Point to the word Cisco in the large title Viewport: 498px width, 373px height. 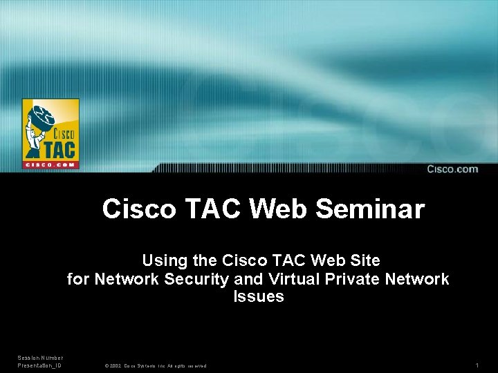pyautogui.click(x=139, y=209)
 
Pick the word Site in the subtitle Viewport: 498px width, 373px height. pyautogui.click(x=365, y=261)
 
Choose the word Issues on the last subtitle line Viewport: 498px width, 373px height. pyautogui.click(x=259, y=297)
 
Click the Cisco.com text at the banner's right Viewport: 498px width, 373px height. pyautogui.click(x=452, y=169)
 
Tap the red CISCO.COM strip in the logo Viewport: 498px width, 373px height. pyautogui.click(x=50, y=164)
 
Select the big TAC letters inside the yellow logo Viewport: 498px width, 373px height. pyautogui.click(x=61, y=148)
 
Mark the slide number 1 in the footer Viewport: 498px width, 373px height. pyautogui.click(x=477, y=365)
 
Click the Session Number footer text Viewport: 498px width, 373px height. pyautogui.click(x=40, y=358)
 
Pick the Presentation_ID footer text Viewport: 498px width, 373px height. pyautogui.click(x=39, y=365)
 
